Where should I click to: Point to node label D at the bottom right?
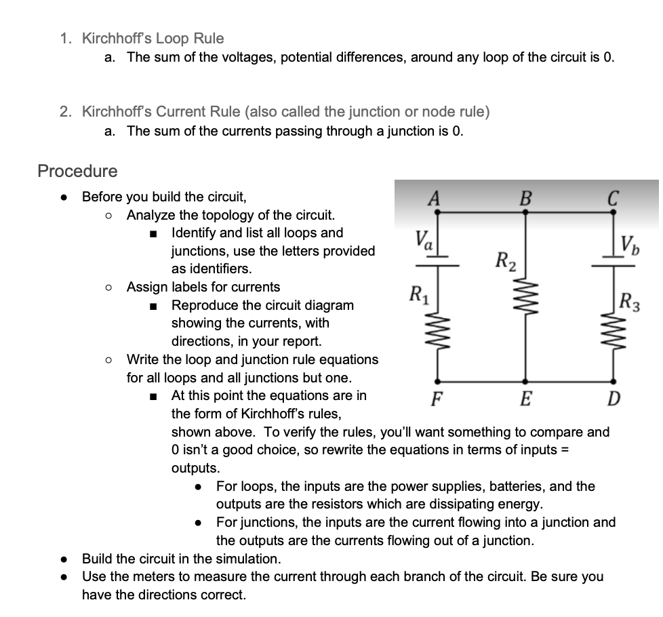tap(612, 397)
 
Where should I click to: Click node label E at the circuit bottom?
tap(524, 397)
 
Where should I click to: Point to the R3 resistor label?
tap(633, 299)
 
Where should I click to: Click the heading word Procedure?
tap(77, 171)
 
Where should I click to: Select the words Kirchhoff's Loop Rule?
tap(153, 39)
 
